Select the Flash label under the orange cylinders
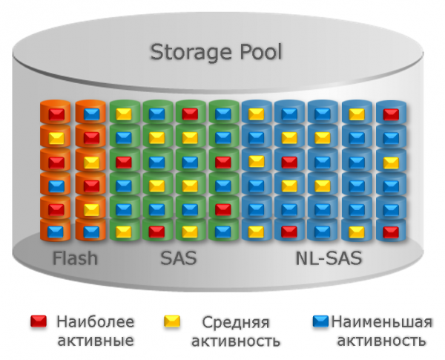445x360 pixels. click(x=75, y=259)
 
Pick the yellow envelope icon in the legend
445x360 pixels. click(x=172, y=322)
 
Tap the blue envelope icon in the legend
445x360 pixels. click(x=320, y=322)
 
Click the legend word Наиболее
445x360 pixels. click(x=96, y=322)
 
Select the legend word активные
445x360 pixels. click(x=96, y=340)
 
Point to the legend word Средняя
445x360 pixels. click(x=235, y=323)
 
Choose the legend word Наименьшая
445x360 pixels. click(x=380, y=322)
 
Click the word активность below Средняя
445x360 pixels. click(x=235, y=341)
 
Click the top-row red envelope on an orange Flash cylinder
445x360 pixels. click(x=56, y=114)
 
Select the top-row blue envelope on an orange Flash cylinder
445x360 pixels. click(x=90, y=114)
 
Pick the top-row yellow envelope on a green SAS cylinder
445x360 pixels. click(x=123, y=114)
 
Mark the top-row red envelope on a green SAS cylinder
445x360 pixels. click(x=190, y=114)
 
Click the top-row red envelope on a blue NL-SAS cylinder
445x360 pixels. click(x=390, y=114)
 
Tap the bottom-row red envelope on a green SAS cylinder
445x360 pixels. click(x=156, y=231)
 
